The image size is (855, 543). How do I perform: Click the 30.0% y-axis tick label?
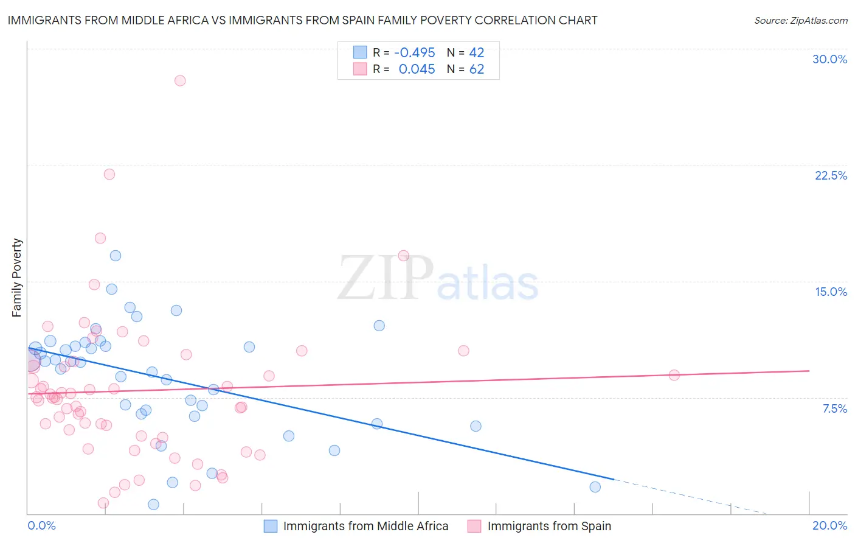pyautogui.click(x=829, y=59)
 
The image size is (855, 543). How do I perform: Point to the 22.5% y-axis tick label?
pyautogui.click(x=831, y=175)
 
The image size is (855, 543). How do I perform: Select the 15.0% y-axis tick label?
pyautogui.click(x=831, y=292)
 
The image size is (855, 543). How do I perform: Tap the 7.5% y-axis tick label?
pyautogui.click(x=834, y=408)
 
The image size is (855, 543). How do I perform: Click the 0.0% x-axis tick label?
pyautogui.click(x=41, y=525)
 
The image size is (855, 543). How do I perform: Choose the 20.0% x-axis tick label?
pyautogui.click(x=829, y=525)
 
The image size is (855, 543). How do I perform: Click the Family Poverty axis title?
pyautogui.click(x=17, y=278)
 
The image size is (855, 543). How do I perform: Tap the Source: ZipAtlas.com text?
pyautogui.click(x=800, y=20)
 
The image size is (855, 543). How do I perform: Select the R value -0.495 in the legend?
pyautogui.click(x=414, y=53)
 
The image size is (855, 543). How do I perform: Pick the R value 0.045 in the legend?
pyautogui.click(x=417, y=69)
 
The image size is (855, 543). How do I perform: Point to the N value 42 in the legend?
pyautogui.click(x=476, y=53)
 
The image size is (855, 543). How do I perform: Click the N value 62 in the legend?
pyautogui.click(x=476, y=69)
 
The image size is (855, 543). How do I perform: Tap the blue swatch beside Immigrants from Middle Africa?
pyautogui.click(x=271, y=526)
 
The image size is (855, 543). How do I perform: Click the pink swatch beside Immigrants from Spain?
pyautogui.click(x=474, y=526)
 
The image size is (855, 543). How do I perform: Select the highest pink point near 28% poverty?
pyautogui.click(x=180, y=80)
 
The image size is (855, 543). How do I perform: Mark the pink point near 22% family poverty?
pyautogui.click(x=109, y=174)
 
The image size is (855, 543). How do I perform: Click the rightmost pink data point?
pyautogui.click(x=674, y=375)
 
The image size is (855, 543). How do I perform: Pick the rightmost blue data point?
pyautogui.click(x=595, y=487)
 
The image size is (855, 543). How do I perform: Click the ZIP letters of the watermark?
pyautogui.click(x=385, y=278)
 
